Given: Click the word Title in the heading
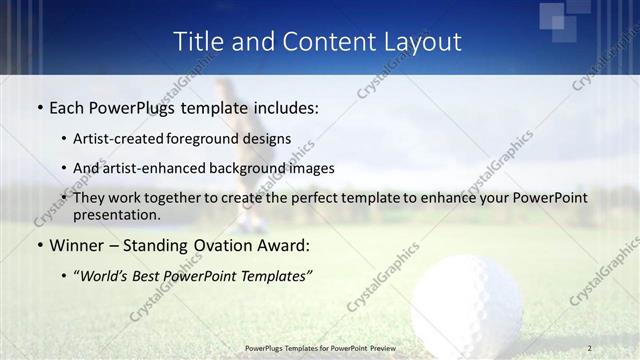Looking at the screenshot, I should pyautogui.click(x=198, y=42).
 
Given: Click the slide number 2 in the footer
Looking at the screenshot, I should pyautogui.click(x=590, y=348).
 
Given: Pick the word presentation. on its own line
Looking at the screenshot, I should pyautogui.click(x=116, y=214).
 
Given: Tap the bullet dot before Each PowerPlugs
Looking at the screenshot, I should pyautogui.click(x=39, y=107).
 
